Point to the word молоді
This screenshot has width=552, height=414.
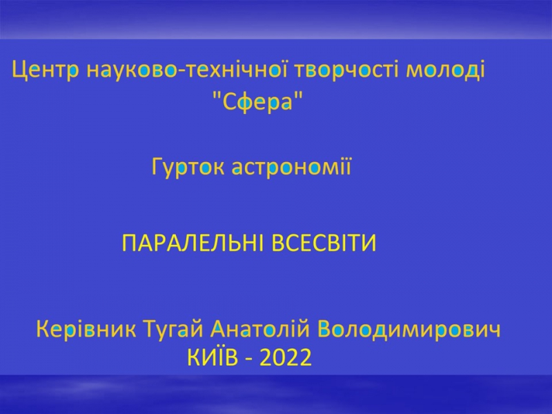pos(445,70)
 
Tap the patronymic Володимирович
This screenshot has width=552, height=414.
pos(408,330)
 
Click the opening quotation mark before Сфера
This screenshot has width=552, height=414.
pos(218,95)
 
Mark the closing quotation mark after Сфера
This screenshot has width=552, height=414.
pos(299,95)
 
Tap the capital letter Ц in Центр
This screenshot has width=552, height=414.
pos(20,71)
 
